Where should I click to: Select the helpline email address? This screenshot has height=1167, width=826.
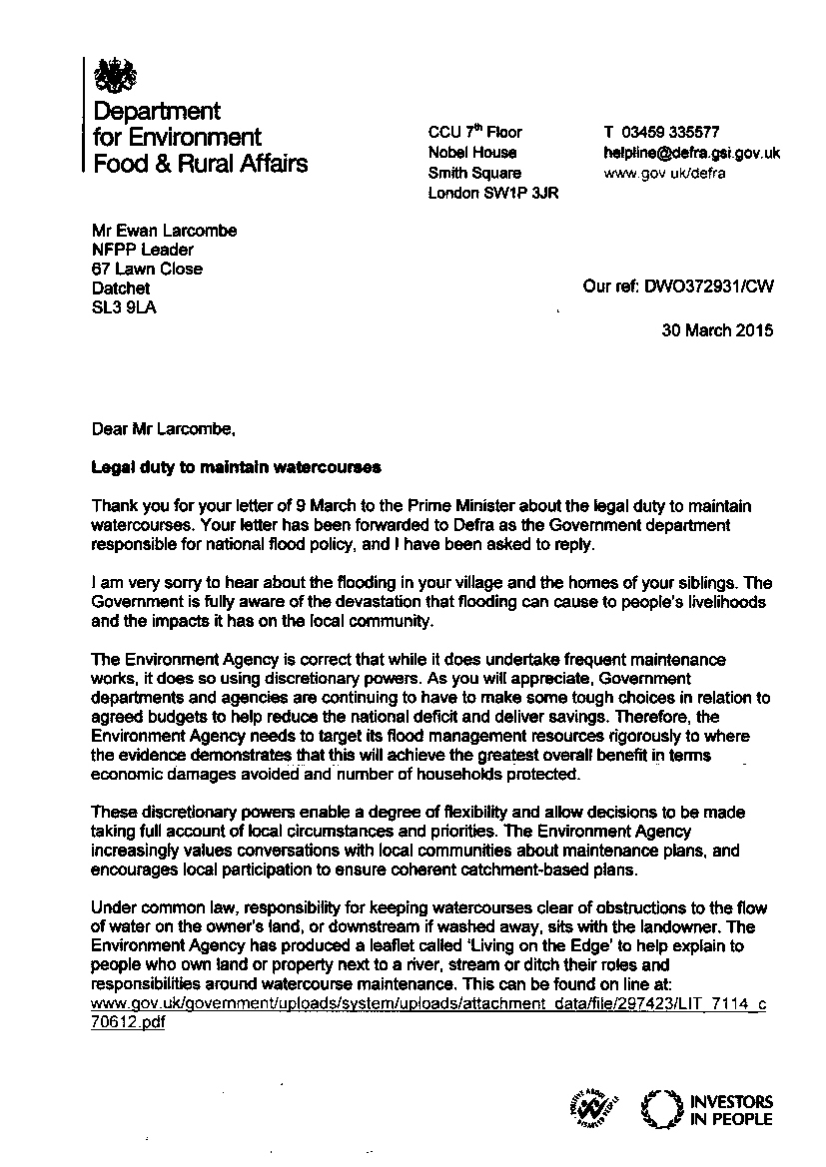pyautogui.click(x=691, y=153)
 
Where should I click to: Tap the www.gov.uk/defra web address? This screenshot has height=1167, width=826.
pyautogui.click(x=664, y=173)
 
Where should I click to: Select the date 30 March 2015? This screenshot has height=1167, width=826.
pyautogui.click(x=716, y=330)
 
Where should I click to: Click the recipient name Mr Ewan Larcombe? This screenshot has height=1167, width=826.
pyautogui.click(x=164, y=231)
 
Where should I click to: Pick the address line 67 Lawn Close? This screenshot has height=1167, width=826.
pyautogui.click(x=146, y=269)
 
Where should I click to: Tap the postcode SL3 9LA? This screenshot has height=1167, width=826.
pyautogui.click(x=123, y=307)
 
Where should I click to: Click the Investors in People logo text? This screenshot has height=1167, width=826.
pyautogui.click(x=731, y=1110)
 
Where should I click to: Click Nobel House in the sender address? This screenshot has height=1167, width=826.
pyautogui.click(x=472, y=152)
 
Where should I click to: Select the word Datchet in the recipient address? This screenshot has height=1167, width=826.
pyautogui.click(x=120, y=288)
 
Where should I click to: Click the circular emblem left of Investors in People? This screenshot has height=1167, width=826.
pyautogui.click(x=659, y=1110)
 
